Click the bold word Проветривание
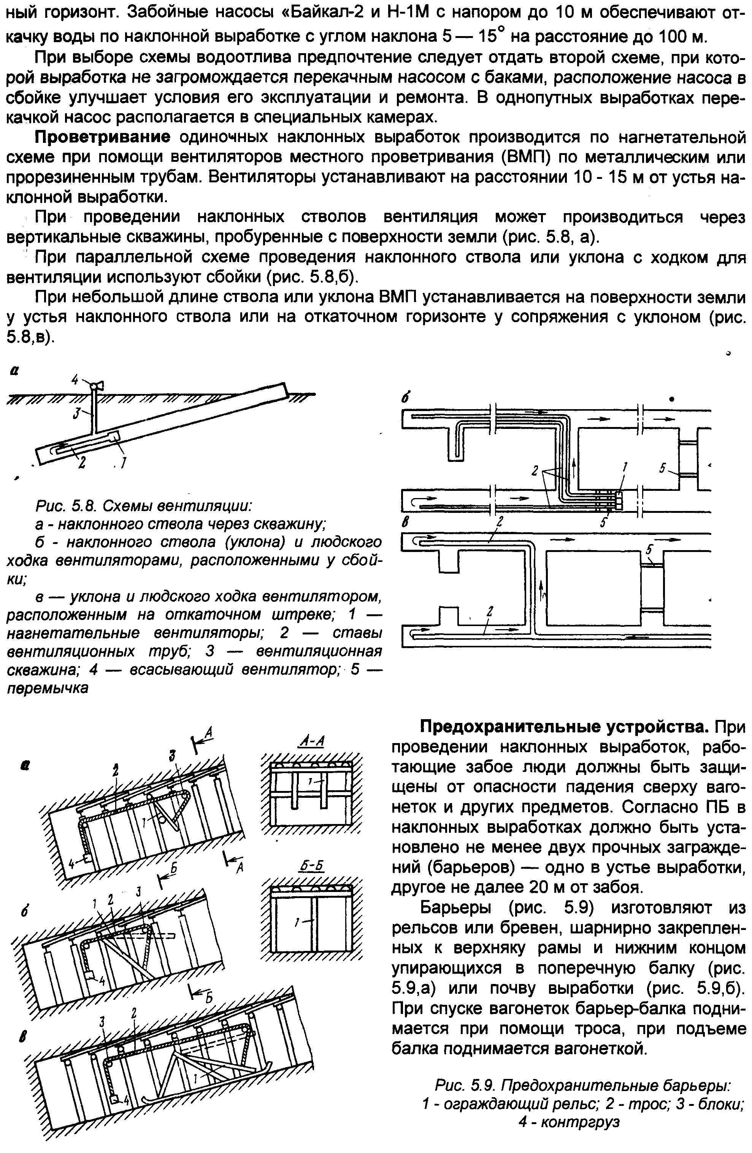pyautogui.click(x=102, y=138)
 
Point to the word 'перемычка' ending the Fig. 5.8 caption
pyautogui.click(x=48, y=688)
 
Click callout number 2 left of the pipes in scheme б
pyautogui.click(x=535, y=470)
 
